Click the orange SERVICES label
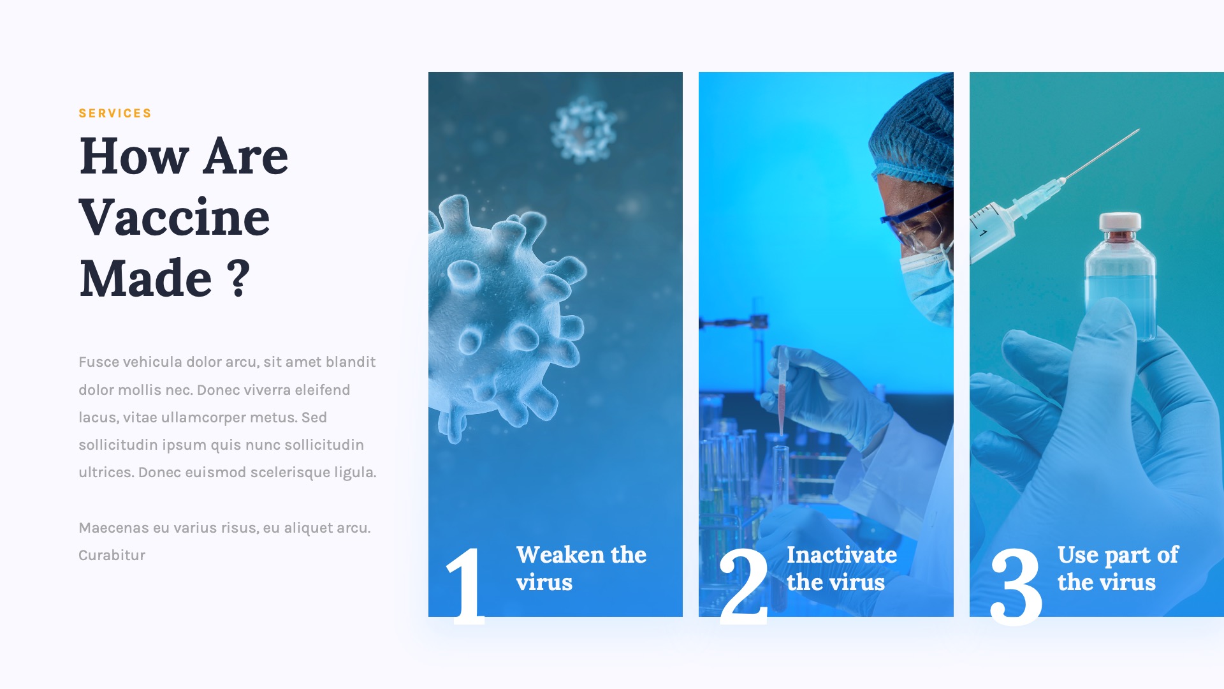click(x=115, y=114)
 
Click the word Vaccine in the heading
click(x=174, y=218)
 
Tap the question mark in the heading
click(x=239, y=278)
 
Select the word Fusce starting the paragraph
click(x=98, y=362)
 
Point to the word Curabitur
click(x=112, y=556)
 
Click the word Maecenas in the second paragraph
click(x=113, y=528)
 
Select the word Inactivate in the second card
click(x=841, y=555)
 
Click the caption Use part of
click(x=1118, y=555)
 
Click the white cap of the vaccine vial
click(x=1120, y=221)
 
